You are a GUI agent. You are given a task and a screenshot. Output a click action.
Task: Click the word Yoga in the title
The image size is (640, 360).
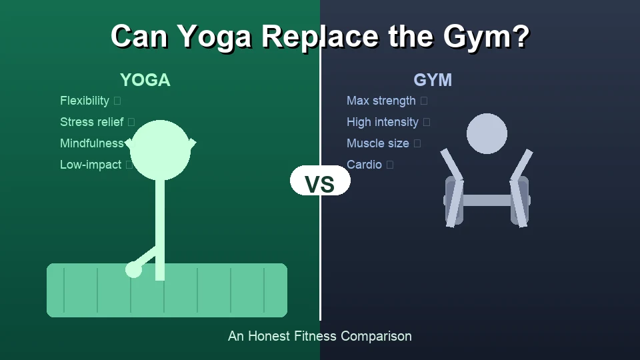[x=215, y=36]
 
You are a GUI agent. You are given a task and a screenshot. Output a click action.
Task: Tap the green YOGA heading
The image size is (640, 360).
[x=145, y=80]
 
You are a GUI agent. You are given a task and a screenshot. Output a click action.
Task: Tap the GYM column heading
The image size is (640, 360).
[x=433, y=80]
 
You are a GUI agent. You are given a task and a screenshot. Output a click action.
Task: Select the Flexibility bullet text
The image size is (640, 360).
[x=85, y=101]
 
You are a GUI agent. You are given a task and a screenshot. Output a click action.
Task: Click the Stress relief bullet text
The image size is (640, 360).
[x=91, y=122]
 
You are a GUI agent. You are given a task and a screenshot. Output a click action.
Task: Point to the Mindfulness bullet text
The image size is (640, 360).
[x=91, y=143]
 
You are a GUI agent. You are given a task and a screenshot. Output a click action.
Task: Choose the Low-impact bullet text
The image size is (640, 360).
[x=91, y=165]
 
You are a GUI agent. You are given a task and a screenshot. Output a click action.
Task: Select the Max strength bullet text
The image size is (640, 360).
[x=381, y=101]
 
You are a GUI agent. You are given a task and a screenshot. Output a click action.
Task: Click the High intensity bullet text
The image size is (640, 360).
[x=383, y=122]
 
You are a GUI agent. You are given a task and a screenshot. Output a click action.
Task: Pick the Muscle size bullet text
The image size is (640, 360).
[x=378, y=143]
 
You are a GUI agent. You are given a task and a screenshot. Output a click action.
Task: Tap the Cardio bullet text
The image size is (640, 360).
[x=364, y=165]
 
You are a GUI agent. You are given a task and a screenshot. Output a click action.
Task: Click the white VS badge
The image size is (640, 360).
[x=320, y=181]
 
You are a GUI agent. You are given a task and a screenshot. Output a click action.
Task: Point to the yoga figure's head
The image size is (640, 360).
[x=160, y=150]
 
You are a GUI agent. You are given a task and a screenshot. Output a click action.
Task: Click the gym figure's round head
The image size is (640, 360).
[x=487, y=133]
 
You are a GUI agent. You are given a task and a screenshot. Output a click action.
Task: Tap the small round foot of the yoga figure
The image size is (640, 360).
[x=133, y=269]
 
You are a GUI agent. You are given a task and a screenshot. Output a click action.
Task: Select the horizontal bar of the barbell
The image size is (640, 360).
[x=487, y=200]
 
